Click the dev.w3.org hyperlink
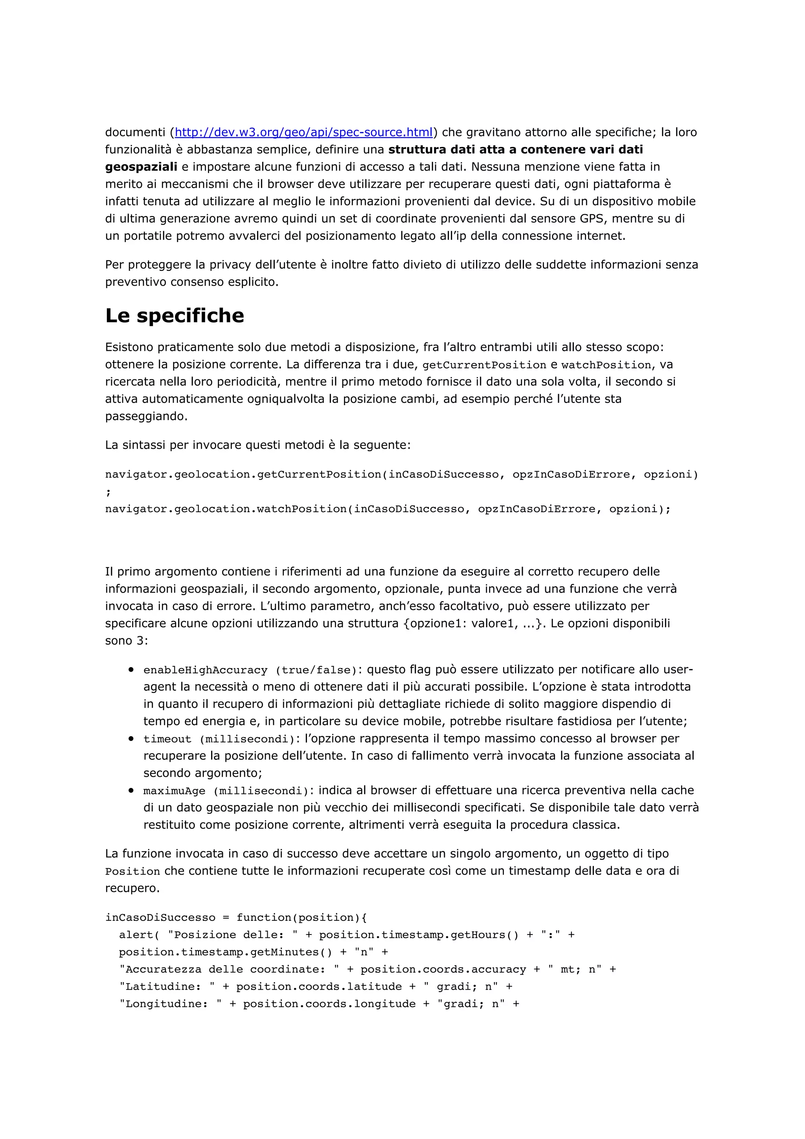coord(303,132)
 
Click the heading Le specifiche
coord(175,316)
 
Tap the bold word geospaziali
coord(141,167)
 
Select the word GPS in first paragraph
coord(592,219)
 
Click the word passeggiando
coord(146,417)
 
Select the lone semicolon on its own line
coord(108,492)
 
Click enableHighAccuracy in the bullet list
coord(205,670)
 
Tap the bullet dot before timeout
coord(131,739)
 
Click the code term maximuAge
coord(174,791)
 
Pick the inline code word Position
coord(132,872)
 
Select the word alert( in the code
coord(139,935)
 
